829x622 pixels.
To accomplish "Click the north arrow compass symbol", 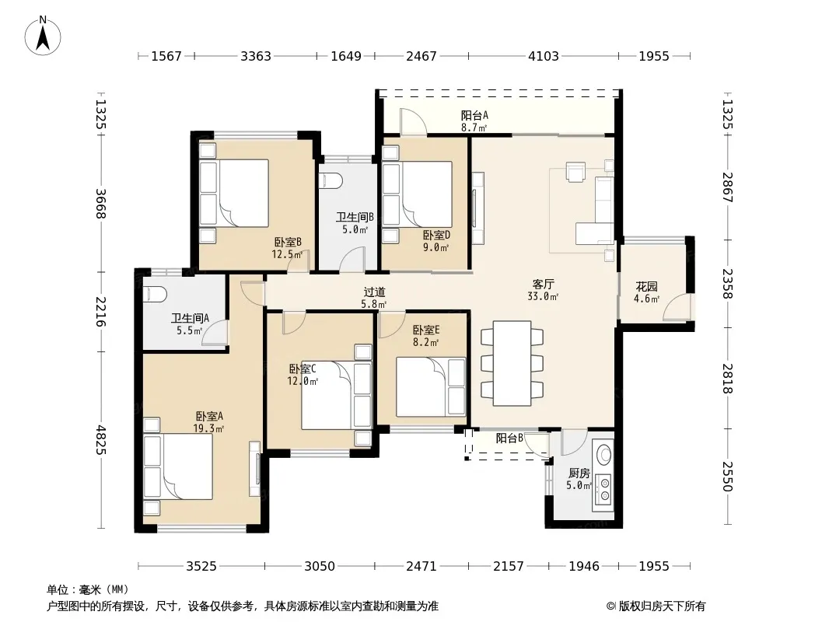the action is [x=43, y=36].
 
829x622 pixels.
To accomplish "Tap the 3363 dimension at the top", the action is [x=256, y=56].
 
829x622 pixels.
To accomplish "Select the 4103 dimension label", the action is [x=544, y=56].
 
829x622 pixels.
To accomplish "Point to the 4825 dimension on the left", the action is [x=101, y=440].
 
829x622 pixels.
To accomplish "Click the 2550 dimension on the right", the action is [x=727, y=476].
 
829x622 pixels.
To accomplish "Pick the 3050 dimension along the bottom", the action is [x=320, y=567].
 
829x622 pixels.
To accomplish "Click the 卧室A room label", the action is [x=209, y=417].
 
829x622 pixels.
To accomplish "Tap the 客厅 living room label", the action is [x=543, y=285].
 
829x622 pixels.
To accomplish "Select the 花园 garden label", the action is [x=646, y=286].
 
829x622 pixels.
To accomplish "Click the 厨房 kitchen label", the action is [x=579, y=473].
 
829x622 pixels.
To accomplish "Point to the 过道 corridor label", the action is [x=374, y=292].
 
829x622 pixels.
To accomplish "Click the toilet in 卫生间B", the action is [x=331, y=180].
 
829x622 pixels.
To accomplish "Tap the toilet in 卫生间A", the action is [x=155, y=295].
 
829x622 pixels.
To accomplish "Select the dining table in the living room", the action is [x=512, y=363].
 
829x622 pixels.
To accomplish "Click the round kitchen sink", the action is [x=603, y=455].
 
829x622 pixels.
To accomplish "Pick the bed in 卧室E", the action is [x=431, y=387].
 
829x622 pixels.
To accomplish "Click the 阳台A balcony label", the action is [x=474, y=115].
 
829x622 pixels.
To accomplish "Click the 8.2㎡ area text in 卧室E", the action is [x=426, y=342].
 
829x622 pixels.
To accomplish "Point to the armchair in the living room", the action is [x=575, y=172].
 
